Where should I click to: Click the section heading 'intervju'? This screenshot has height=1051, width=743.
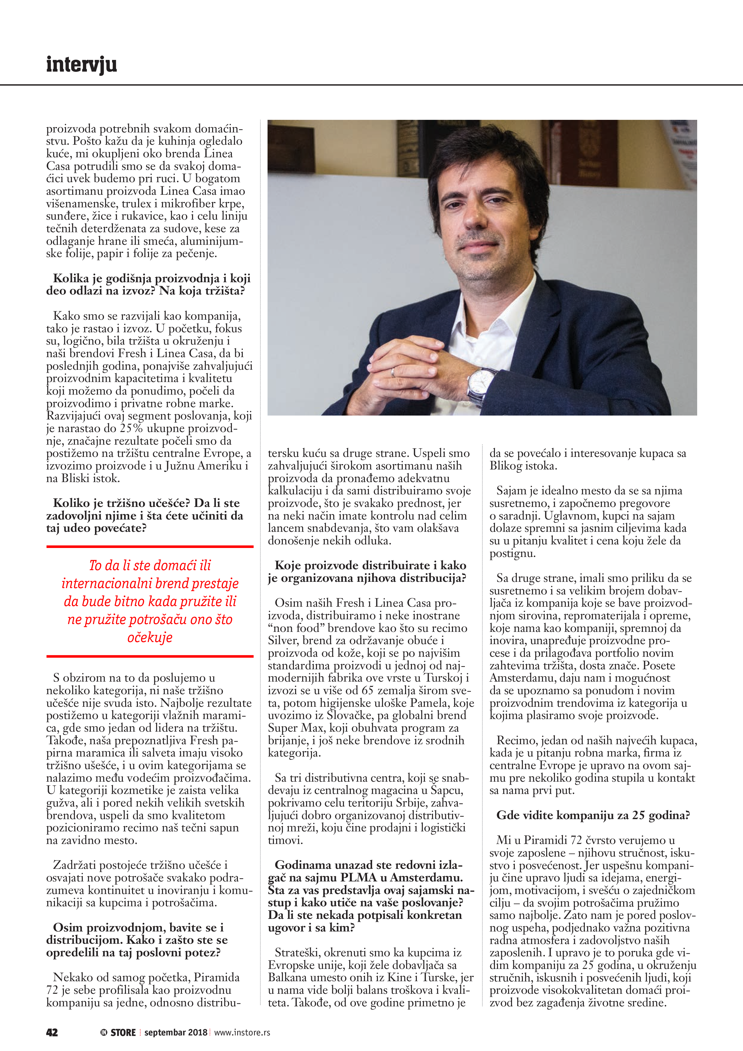coord(81,64)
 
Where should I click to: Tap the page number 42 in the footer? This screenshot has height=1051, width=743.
coord(52,1032)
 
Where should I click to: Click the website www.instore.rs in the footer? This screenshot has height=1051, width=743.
coord(242,1032)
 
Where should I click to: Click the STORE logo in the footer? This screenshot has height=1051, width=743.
coord(119,1032)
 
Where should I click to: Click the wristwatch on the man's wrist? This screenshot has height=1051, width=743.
coord(481,383)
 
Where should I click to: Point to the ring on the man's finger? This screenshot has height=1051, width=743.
coord(393,373)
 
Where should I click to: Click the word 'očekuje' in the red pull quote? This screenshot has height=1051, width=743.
coord(150,637)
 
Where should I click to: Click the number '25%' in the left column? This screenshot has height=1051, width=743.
coord(132,428)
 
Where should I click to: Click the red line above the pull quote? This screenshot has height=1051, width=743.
coord(150,546)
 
